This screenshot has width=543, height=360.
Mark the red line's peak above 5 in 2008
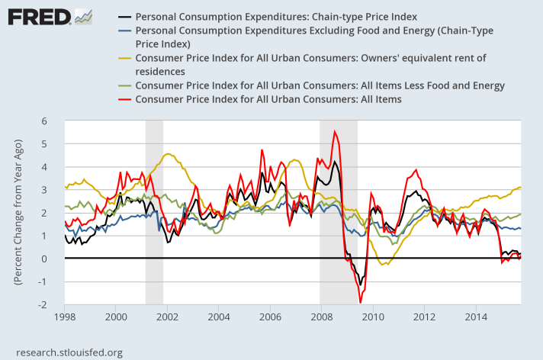click(x=334, y=131)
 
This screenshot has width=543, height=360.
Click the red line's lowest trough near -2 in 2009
click(x=359, y=303)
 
